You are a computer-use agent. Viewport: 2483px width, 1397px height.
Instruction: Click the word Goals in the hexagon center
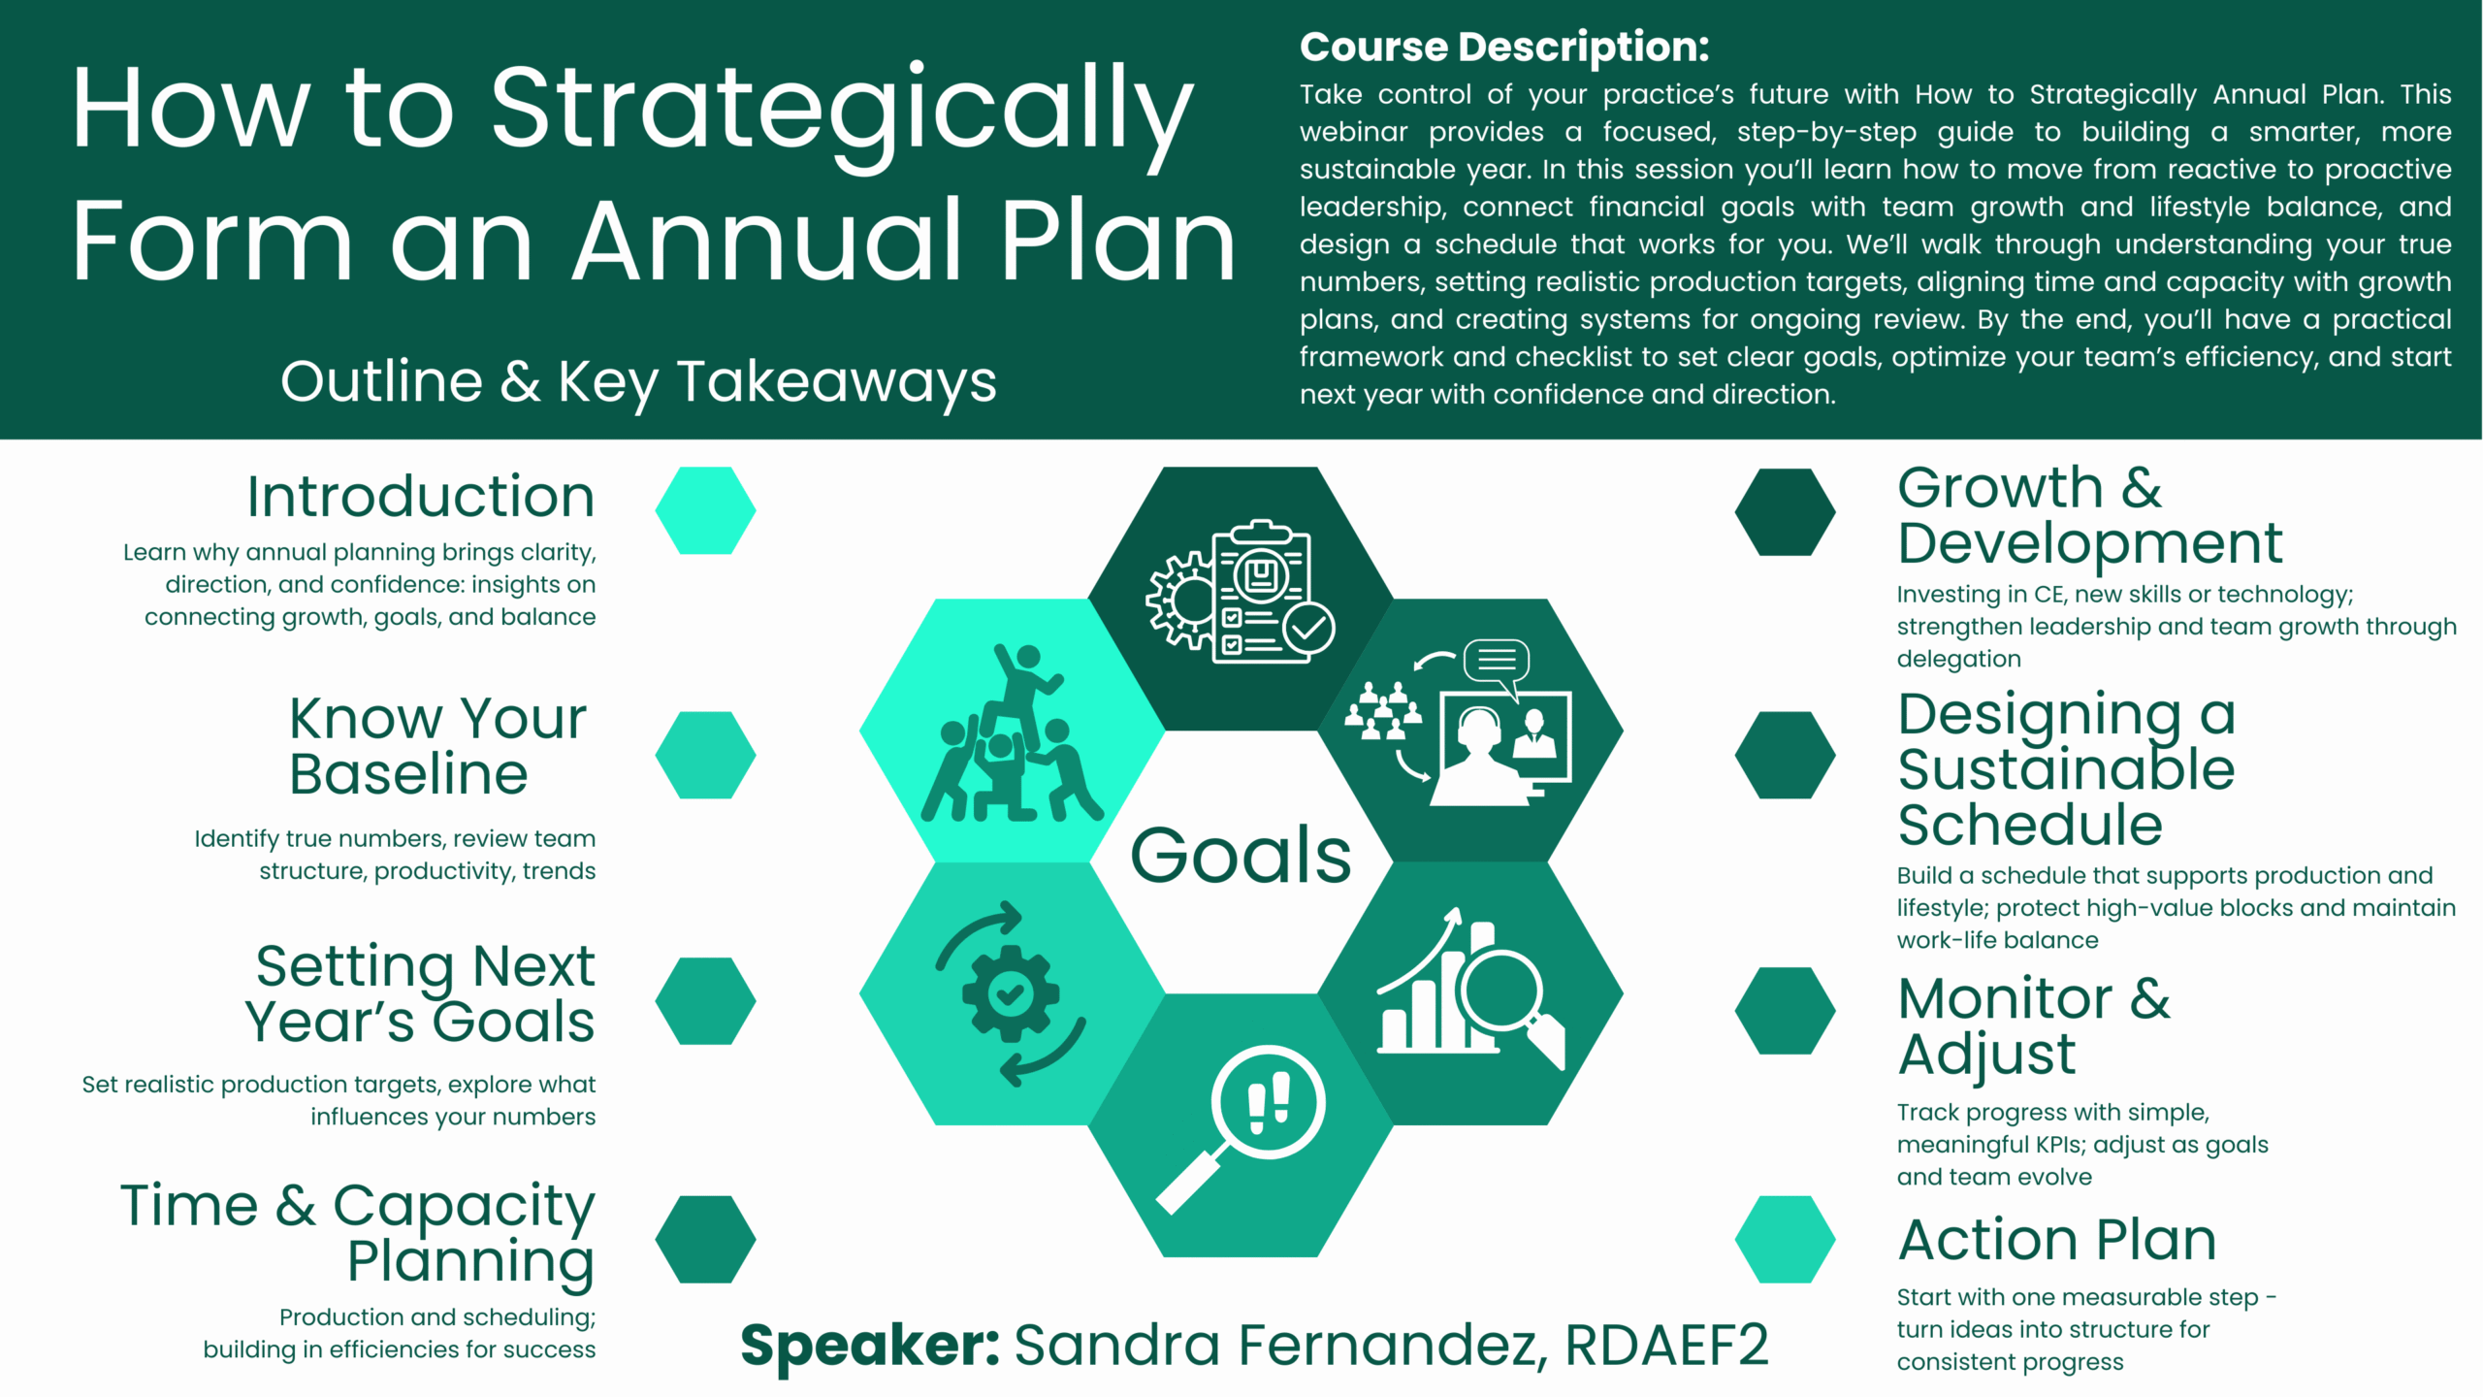pyautogui.click(x=1241, y=855)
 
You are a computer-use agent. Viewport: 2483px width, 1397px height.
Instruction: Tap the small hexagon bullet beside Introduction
pyautogui.click(x=705, y=510)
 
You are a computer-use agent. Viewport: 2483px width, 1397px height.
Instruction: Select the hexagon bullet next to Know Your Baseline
pyautogui.click(x=705, y=755)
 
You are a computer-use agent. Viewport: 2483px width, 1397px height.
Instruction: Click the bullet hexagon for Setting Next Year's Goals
pyautogui.click(x=705, y=1001)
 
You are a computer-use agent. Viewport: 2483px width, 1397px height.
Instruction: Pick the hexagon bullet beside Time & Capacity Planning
pyautogui.click(x=705, y=1239)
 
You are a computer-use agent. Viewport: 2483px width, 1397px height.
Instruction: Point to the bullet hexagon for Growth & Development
pyautogui.click(x=1785, y=512)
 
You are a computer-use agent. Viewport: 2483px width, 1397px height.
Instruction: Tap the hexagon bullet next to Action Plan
pyautogui.click(x=1785, y=1239)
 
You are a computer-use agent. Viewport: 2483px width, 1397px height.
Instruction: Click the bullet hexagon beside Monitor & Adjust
pyautogui.click(x=1785, y=1010)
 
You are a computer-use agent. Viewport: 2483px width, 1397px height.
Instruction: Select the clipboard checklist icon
pyautogui.click(x=1241, y=592)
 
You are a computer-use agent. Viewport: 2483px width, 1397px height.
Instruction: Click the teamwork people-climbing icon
pyautogui.click(x=1012, y=733)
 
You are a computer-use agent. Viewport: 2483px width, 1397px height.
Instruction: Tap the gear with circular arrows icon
pyautogui.click(x=1011, y=994)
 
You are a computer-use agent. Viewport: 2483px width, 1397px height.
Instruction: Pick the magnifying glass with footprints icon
pyautogui.click(x=1241, y=1127)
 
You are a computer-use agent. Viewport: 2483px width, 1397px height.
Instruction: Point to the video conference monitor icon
pyautogui.click(x=1458, y=723)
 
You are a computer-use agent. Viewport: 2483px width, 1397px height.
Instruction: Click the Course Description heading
pyautogui.click(x=1504, y=47)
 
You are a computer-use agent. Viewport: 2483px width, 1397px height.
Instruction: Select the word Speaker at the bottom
pyautogui.click(x=870, y=1347)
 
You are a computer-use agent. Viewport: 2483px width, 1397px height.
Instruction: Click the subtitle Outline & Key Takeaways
pyautogui.click(x=638, y=382)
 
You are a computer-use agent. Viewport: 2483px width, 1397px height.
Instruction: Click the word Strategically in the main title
pyautogui.click(x=842, y=114)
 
